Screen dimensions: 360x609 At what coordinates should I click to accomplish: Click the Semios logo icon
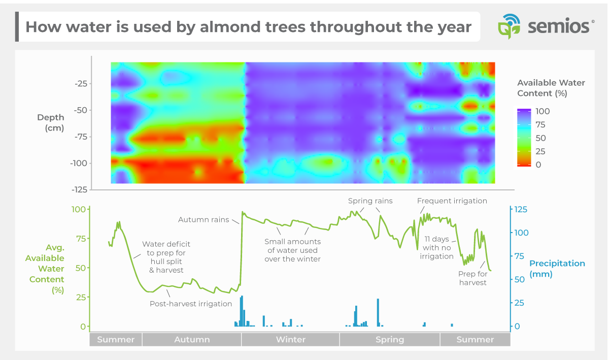point(508,27)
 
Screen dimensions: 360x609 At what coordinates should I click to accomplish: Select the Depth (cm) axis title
point(51,122)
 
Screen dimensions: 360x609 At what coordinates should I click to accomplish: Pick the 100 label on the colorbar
point(542,111)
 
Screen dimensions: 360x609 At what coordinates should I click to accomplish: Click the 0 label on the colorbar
point(538,165)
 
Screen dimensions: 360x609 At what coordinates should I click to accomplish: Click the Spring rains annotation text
point(370,201)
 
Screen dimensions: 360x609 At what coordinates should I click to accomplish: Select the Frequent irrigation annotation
point(452,201)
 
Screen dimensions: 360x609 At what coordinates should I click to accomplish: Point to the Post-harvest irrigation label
point(190,304)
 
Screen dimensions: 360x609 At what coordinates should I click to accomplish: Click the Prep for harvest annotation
point(472,278)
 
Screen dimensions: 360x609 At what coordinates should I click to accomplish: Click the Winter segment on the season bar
point(290,340)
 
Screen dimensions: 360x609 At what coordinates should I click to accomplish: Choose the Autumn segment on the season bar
point(192,340)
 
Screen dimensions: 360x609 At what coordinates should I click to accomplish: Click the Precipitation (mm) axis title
point(557,269)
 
